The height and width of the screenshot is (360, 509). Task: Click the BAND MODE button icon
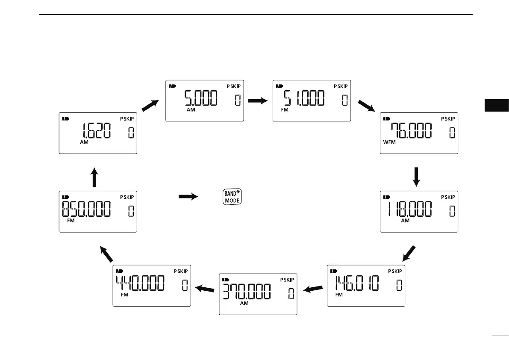coord(232,197)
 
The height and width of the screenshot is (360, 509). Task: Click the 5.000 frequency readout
coord(201,100)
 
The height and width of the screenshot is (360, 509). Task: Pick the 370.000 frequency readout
coord(247,293)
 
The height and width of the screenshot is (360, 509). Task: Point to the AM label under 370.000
coord(244,304)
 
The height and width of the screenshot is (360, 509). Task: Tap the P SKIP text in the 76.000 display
coord(449,118)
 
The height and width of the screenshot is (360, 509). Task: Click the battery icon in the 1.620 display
coord(66,118)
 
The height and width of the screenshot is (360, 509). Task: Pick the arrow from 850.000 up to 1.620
coord(95,177)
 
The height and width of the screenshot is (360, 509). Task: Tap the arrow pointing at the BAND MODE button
coord(188,197)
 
